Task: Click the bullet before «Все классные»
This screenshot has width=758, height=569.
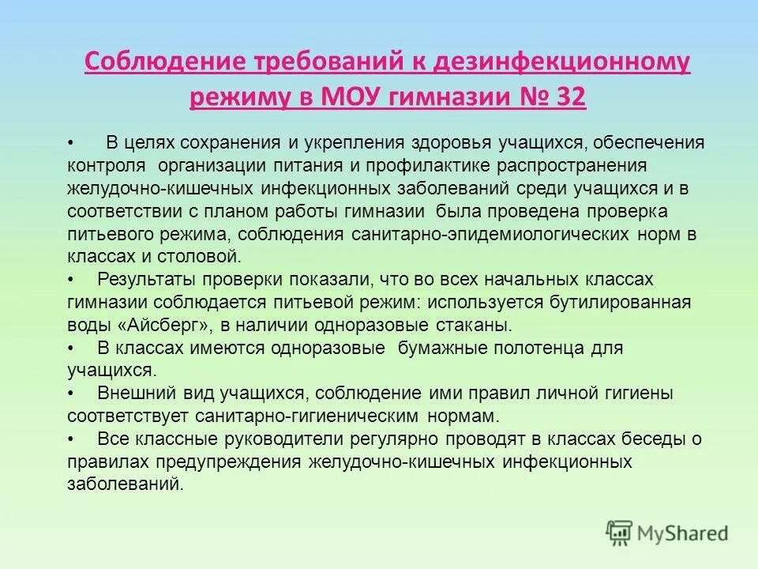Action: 72,439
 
